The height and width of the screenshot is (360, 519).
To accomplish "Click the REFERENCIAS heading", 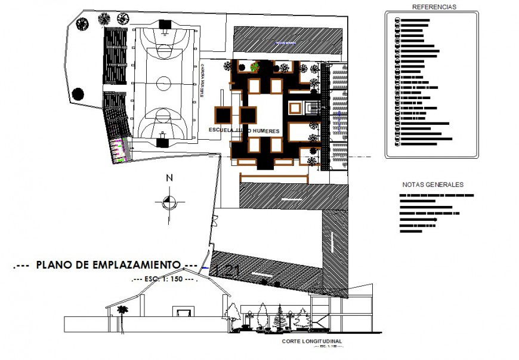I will pos(434,7).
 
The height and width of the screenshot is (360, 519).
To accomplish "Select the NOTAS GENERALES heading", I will pos(432,184).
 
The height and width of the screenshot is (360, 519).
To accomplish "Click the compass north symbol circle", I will pos(169,202).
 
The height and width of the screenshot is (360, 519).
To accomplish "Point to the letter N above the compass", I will pos(169,178).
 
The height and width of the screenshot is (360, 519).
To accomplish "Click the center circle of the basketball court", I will pos(163,81).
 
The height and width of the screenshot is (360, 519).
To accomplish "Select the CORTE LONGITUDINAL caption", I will pos(313,342).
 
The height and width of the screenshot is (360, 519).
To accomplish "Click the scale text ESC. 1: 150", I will pos(163,279).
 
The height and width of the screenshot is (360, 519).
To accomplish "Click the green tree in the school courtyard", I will pos(255,66).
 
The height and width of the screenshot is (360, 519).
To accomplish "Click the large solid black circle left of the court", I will pos(78,93).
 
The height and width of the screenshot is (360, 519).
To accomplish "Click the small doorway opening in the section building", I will pos(183,312).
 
